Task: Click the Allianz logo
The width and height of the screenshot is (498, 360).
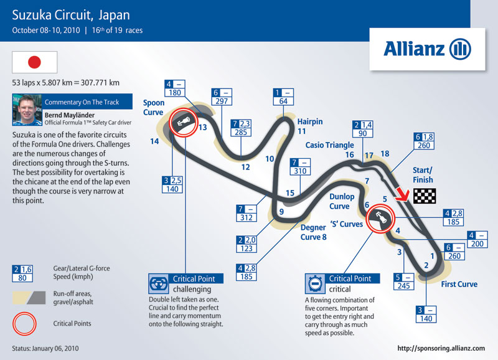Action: click(x=427, y=49)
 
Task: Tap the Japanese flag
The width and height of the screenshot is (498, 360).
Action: click(x=35, y=62)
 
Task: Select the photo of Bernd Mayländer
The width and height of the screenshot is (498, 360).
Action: click(x=27, y=110)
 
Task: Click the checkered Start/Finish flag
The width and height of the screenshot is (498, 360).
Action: click(x=425, y=196)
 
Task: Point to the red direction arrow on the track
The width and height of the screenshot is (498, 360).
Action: click(x=402, y=194)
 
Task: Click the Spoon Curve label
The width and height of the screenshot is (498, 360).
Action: click(x=154, y=107)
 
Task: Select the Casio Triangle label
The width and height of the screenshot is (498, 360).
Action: click(x=330, y=145)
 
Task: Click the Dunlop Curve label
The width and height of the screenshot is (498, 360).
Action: click(x=342, y=201)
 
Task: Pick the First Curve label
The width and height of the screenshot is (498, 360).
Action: click(x=459, y=284)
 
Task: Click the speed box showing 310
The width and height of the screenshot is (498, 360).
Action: click(x=300, y=167)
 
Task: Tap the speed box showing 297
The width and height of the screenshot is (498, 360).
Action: click(x=222, y=97)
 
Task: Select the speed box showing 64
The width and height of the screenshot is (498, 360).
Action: click(x=283, y=97)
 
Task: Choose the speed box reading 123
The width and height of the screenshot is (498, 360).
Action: click(x=247, y=244)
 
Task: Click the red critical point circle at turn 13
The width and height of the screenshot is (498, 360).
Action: click(x=183, y=123)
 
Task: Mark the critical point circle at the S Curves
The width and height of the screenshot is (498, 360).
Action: click(x=380, y=219)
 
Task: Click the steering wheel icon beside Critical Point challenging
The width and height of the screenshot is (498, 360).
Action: click(x=159, y=284)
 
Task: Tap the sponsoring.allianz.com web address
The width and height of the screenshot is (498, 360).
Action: click(x=441, y=348)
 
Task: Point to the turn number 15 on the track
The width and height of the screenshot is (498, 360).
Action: click(x=289, y=193)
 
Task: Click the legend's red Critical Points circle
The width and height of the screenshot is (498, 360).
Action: click(x=24, y=324)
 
